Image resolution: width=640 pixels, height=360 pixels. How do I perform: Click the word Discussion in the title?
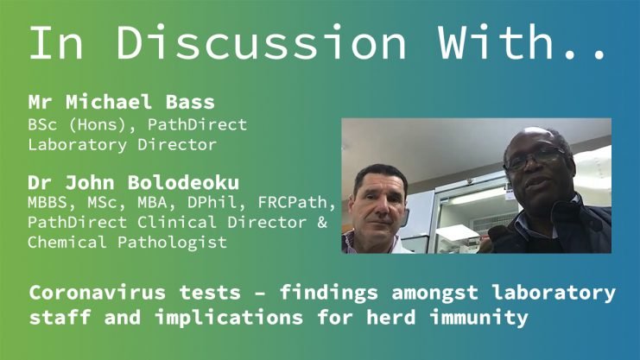click(261, 42)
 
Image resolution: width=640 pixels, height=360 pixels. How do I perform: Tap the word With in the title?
click(496, 41)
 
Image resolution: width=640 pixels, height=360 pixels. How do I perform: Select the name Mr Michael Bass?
click(121, 102)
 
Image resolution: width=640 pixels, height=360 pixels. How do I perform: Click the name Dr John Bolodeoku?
click(134, 182)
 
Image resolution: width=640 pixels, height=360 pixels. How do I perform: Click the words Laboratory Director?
click(122, 145)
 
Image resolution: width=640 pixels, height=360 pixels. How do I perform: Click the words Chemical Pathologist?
click(127, 243)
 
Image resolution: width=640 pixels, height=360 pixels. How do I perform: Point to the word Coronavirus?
click(97, 293)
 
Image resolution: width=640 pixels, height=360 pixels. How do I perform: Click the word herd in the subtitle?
click(390, 317)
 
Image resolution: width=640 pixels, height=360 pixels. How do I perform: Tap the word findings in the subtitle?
click(328, 294)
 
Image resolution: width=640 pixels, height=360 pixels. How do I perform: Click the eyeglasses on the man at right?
click(535, 158)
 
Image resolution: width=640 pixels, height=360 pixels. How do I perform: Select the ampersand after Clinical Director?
click(322, 223)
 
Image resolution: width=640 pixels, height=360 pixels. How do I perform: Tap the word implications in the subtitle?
click(229, 318)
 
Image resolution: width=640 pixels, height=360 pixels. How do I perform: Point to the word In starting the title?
click(56, 42)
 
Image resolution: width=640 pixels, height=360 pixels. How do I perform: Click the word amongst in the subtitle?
click(434, 294)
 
